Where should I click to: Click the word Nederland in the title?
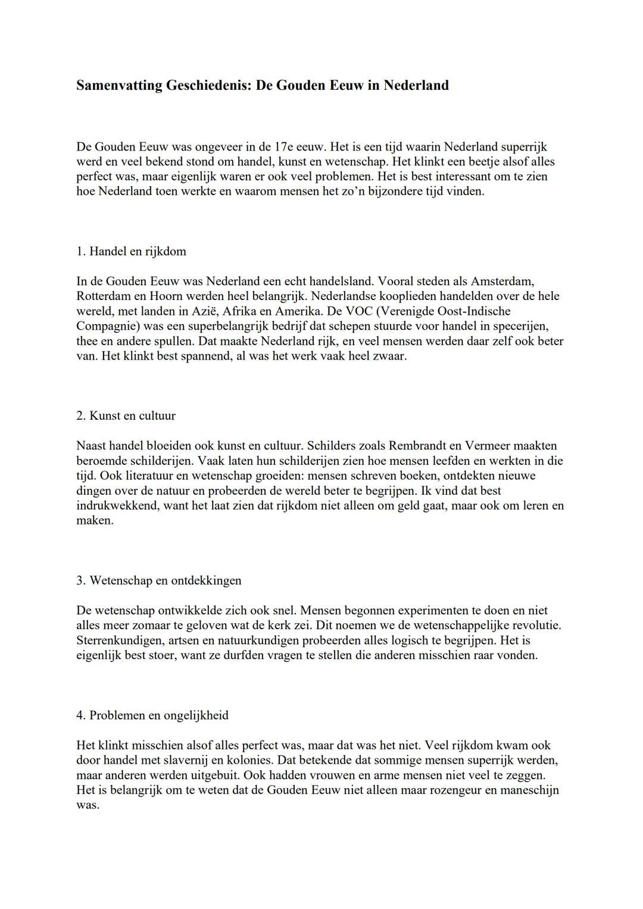(x=416, y=86)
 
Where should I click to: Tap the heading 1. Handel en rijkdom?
(x=131, y=251)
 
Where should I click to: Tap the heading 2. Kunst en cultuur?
(x=126, y=416)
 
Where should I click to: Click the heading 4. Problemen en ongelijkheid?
(x=152, y=716)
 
